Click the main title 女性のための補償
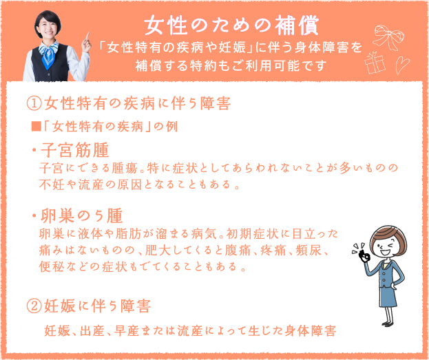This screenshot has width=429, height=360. click(x=231, y=25)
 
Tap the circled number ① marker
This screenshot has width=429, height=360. click(x=34, y=104)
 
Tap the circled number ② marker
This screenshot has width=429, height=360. click(x=34, y=306)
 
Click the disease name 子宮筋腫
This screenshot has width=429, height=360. click(x=74, y=150)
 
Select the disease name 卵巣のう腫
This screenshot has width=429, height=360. click(x=81, y=216)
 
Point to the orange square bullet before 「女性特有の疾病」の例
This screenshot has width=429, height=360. click(x=36, y=127)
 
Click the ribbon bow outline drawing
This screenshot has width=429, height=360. click(x=388, y=37)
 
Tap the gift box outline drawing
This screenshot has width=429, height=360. click(x=375, y=63)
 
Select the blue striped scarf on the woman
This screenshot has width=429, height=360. click(x=49, y=54)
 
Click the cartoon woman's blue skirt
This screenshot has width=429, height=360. click(x=388, y=297)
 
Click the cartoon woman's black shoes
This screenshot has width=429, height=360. click(x=389, y=324)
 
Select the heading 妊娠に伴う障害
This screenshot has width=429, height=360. click(x=97, y=306)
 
